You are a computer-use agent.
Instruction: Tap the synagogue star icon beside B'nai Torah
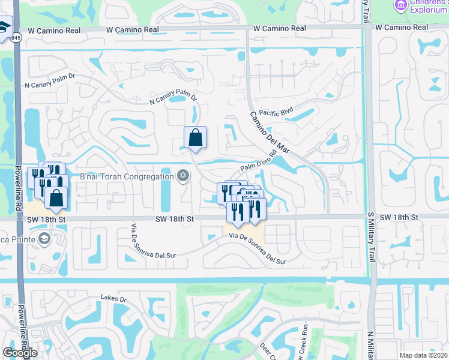point(183,176)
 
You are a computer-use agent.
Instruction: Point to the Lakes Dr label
point(115,298)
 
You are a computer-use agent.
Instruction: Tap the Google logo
point(20,353)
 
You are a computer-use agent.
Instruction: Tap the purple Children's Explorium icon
point(400,5)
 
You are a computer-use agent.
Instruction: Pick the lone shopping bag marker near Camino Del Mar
point(196,138)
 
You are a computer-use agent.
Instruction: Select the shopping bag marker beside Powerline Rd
point(56,197)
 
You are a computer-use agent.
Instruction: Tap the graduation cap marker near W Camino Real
point(4,27)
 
